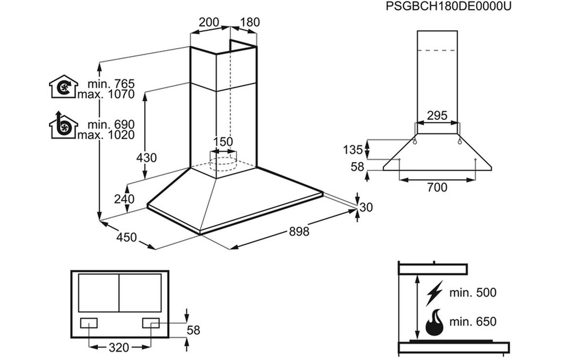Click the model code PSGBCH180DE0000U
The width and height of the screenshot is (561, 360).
click(448, 6)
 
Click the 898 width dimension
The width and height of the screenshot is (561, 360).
click(299, 231)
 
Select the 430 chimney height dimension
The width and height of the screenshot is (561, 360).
click(147, 158)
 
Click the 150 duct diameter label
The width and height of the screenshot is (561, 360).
click(224, 142)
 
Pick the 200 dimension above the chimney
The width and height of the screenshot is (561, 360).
click(209, 22)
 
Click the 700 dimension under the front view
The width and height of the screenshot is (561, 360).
click(437, 187)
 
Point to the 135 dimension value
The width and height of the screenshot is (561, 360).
click(353, 149)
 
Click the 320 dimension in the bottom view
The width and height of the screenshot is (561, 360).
click(118, 347)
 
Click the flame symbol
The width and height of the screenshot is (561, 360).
click(434, 322)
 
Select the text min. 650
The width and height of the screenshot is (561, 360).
click(473, 321)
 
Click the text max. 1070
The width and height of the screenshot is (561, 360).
click(106, 95)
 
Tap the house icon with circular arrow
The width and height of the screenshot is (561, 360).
click(63, 86)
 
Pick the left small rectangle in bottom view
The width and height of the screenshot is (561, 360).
click(89, 323)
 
